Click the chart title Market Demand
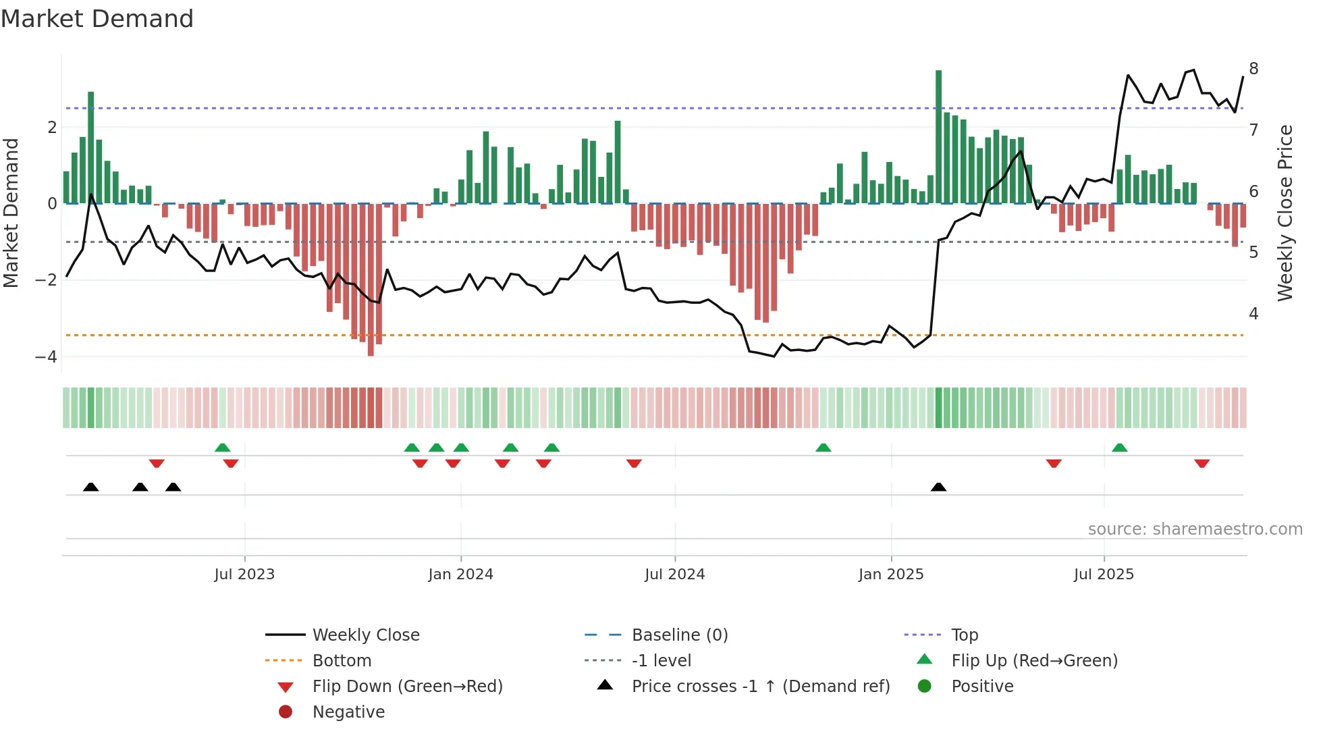click(97, 19)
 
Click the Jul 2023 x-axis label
click(244, 575)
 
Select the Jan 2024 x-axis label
click(460, 575)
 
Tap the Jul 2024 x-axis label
click(674, 575)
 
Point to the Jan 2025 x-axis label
click(891, 575)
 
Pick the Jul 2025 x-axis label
click(1104, 575)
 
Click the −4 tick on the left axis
click(46, 356)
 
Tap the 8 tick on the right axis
click(1253, 69)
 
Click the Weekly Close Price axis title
click(1285, 213)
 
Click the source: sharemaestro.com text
click(1195, 529)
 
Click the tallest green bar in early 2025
click(938, 135)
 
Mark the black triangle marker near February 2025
click(938, 487)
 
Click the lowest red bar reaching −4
click(371, 280)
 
